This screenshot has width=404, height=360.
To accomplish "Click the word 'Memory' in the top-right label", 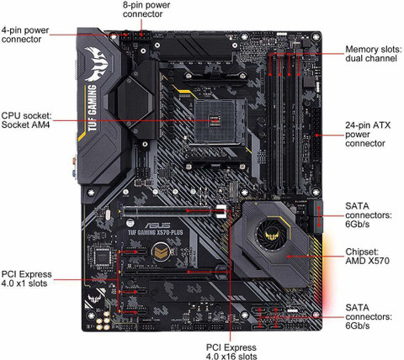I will (x=361, y=50).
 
